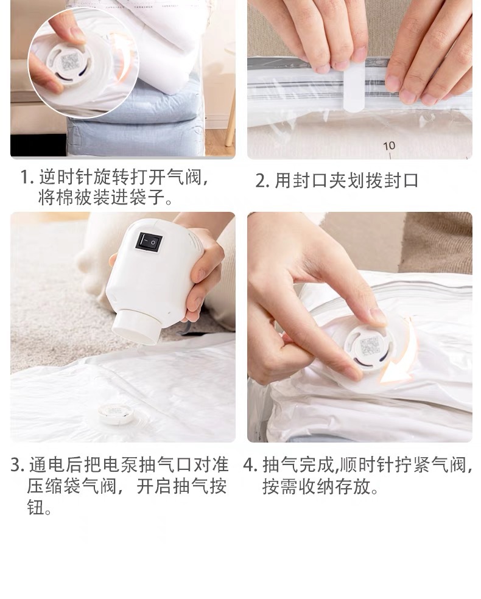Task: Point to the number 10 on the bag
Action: pos(390,145)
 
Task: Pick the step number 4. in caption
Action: pos(251,466)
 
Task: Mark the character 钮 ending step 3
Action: pos(35,508)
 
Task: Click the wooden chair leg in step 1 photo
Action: pos(230,122)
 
